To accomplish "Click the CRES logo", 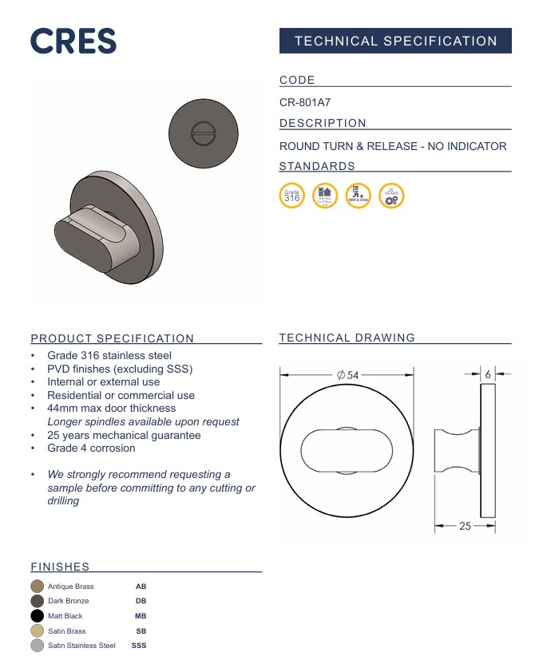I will pyautogui.click(x=73, y=41).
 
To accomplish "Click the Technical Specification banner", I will pyautogui.click(x=395, y=41).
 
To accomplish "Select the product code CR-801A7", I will pyautogui.click(x=305, y=102).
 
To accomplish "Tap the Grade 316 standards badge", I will pyautogui.click(x=292, y=196).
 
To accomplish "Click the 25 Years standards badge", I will pyautogui.click(x=391, y=196).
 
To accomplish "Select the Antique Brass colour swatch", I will pyautogui.click(x=37, y=587).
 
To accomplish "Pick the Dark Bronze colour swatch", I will pyautogui.click(x=37, y=601).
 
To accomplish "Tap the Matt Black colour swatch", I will pyautogui.click(x=37, y=616).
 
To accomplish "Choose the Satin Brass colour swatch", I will pyautogui.click(x=37, y=630).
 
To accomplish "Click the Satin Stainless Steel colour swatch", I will pyautogui.click(x=37, y=646).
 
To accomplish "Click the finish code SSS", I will pyautogui.click(x=139, y=646).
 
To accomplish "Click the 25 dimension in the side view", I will pyautogui.click(x=465, y=527).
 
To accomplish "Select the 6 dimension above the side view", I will pyautogui.click(x=487, y=373).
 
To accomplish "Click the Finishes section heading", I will pyautogui.click(x=60, y=567).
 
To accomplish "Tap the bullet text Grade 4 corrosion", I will pyautogui.click(x=91, y=449).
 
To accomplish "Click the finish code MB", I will pyautogui.click(x=141, y=616).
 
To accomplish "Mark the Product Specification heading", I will pyautogui.click(x=112, y=338).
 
